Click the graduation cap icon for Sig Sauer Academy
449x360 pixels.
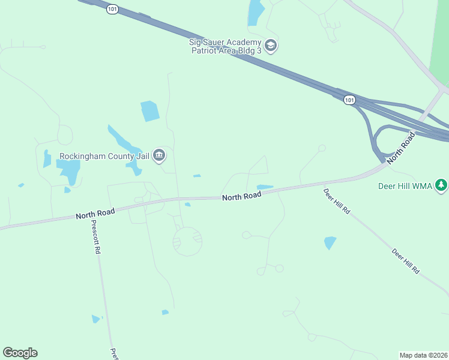point(271,46)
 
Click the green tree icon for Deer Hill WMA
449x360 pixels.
point(442,185)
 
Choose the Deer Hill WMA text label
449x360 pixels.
point(405,186)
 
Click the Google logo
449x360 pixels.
point(20,353)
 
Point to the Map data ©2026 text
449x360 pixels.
point(423,355)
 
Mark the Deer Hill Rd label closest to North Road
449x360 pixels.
point(336,202)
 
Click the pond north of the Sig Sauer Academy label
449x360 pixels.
point(256,13)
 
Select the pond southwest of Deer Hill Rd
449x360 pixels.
point(330,242)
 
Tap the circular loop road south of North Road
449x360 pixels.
point(187,241)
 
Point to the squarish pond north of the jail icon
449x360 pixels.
point(150,111)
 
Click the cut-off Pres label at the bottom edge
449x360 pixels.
point(113,354)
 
